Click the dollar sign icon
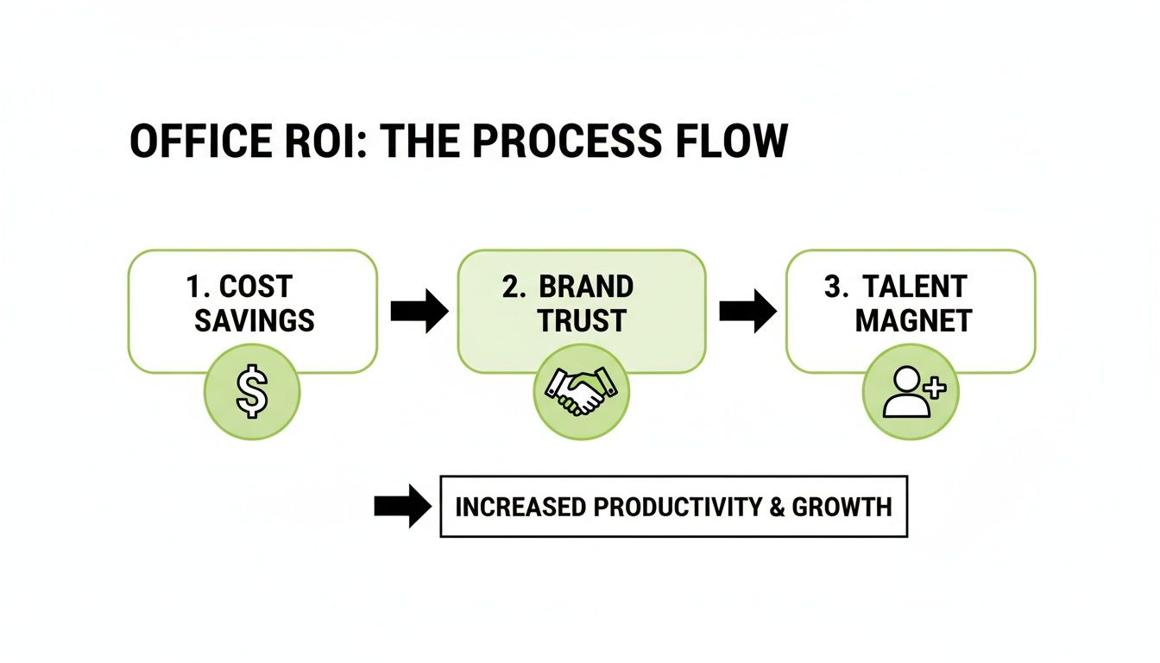point(252,392)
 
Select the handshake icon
point(582,392)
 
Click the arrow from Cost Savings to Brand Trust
point(419,311)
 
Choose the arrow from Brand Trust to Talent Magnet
point(747,311)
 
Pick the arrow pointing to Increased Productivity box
point(402,506)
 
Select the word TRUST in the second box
point(582,322)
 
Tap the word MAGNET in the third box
point(913,322)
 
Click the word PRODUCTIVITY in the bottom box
point(662,507)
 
